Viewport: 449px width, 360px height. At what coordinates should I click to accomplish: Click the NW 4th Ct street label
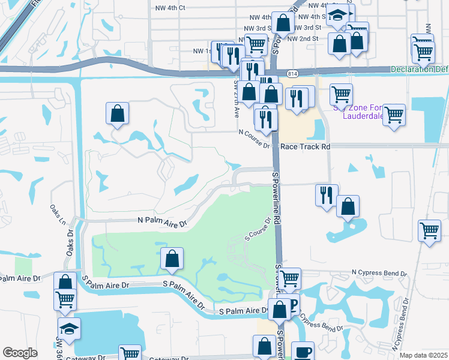(x=170, y=8)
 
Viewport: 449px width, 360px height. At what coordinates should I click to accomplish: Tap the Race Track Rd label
(x=306, y=146)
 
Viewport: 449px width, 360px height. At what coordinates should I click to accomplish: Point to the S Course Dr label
(x=258, y=229)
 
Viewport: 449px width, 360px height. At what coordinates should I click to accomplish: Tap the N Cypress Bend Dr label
(x=379, y=273)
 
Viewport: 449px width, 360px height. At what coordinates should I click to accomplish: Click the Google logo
(x=20, y=353)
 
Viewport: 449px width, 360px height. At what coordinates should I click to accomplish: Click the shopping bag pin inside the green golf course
(x=172, y=259)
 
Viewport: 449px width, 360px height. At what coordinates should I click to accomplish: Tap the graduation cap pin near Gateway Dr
(x=70, y=328)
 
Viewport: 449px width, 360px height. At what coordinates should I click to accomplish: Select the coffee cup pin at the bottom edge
(x=303, y=351)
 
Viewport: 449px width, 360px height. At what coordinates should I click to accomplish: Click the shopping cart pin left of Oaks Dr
(x=65, y=298)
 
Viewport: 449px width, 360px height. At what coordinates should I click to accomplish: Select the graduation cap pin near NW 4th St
(x=340, y=16)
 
